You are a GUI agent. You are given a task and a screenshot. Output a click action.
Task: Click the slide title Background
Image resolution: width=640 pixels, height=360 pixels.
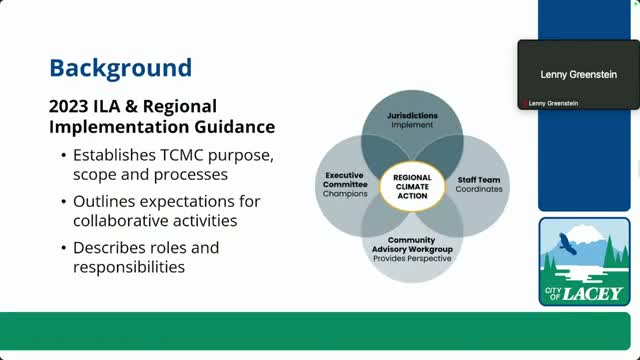pyautogui.click(x=120, y=68)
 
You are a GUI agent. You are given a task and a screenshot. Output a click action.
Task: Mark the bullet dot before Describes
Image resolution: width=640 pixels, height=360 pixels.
pyautogui.click(x=65, y=247)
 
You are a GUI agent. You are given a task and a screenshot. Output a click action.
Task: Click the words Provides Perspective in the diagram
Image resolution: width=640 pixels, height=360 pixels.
pyautogui.click(x=412, y=258)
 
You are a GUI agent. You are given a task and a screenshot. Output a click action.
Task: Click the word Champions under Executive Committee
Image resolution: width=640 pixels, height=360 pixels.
pyautogui.click(x=346, y=192)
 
